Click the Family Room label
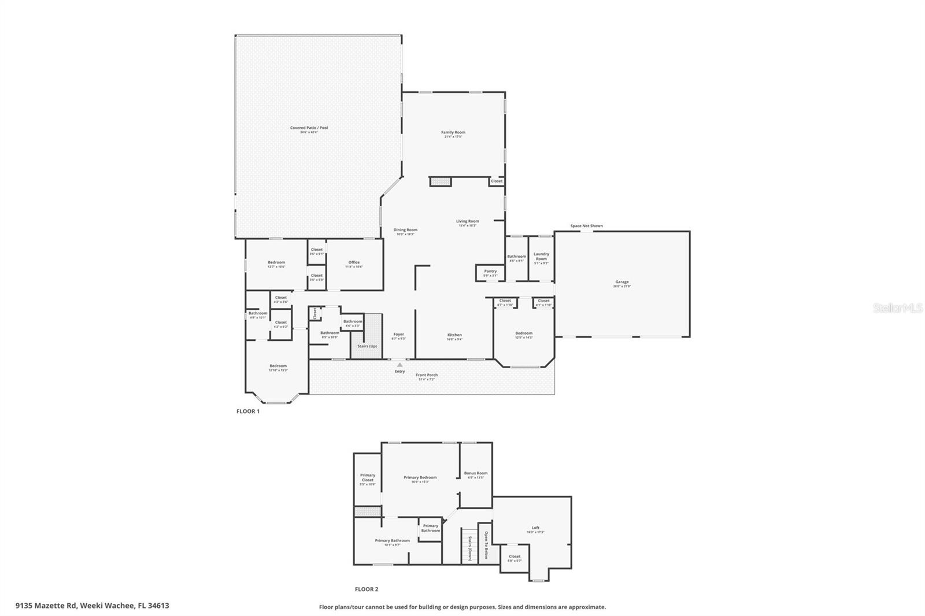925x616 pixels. [453, 132]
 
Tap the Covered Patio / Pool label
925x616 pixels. [309, 128]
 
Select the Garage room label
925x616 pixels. [621, 282]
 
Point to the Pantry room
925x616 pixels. [490, 272]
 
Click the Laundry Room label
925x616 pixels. [541, 256]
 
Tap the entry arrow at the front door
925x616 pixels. [399, 365]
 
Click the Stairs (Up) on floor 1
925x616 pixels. [367, 346]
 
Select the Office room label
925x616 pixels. [354, 262]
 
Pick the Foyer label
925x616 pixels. [399, 334]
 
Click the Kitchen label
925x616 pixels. [454, 335]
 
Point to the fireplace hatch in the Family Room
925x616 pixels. [441, 182]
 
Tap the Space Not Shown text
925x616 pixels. [586, 226]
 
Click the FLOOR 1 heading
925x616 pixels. [248, 411]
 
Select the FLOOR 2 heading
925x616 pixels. [367, 589]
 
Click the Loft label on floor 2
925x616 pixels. [535, 528]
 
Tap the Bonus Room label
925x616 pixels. [475, 473]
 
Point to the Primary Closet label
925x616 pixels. [368, 477]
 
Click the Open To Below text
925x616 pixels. [486, 545]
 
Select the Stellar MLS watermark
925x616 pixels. [897, 309]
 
